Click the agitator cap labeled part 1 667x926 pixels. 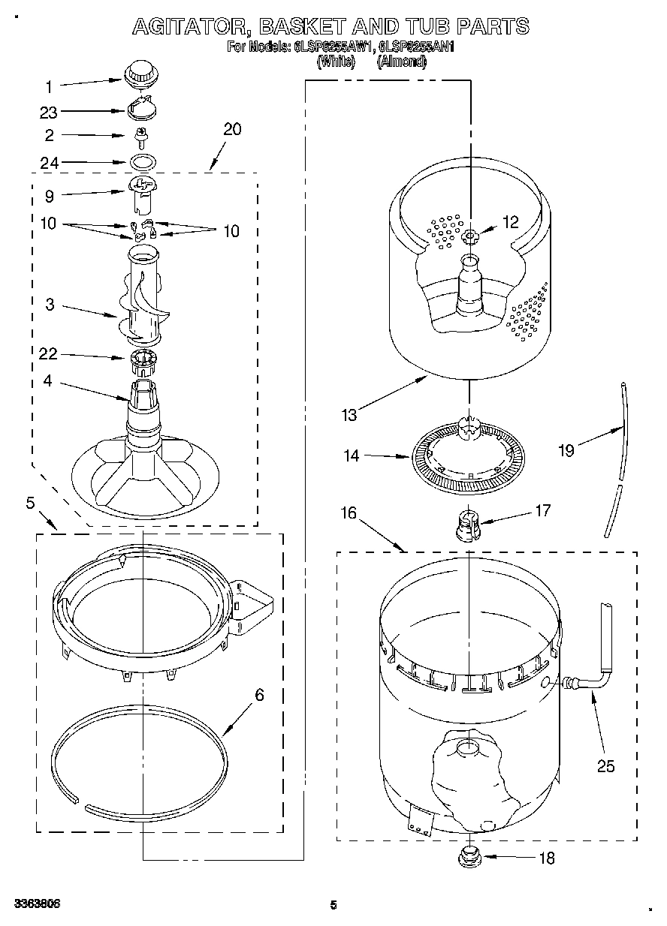(139, 75)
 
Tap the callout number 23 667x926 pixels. (49, 112)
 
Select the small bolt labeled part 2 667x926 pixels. (140, 136)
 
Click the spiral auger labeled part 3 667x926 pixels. (140, 296)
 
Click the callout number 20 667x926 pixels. (232, 129)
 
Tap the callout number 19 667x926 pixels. (566, 450)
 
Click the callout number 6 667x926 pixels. (259, 695)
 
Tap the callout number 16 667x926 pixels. (348, 513)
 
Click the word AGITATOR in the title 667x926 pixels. (187, 26)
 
